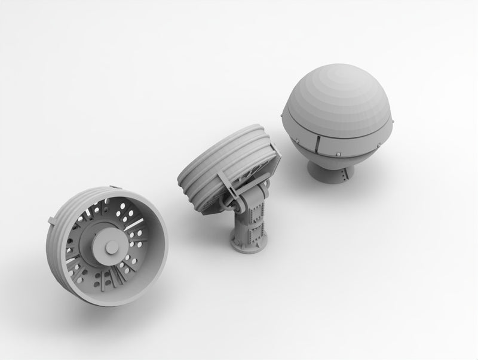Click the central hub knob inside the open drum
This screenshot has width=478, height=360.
coord(112,247)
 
